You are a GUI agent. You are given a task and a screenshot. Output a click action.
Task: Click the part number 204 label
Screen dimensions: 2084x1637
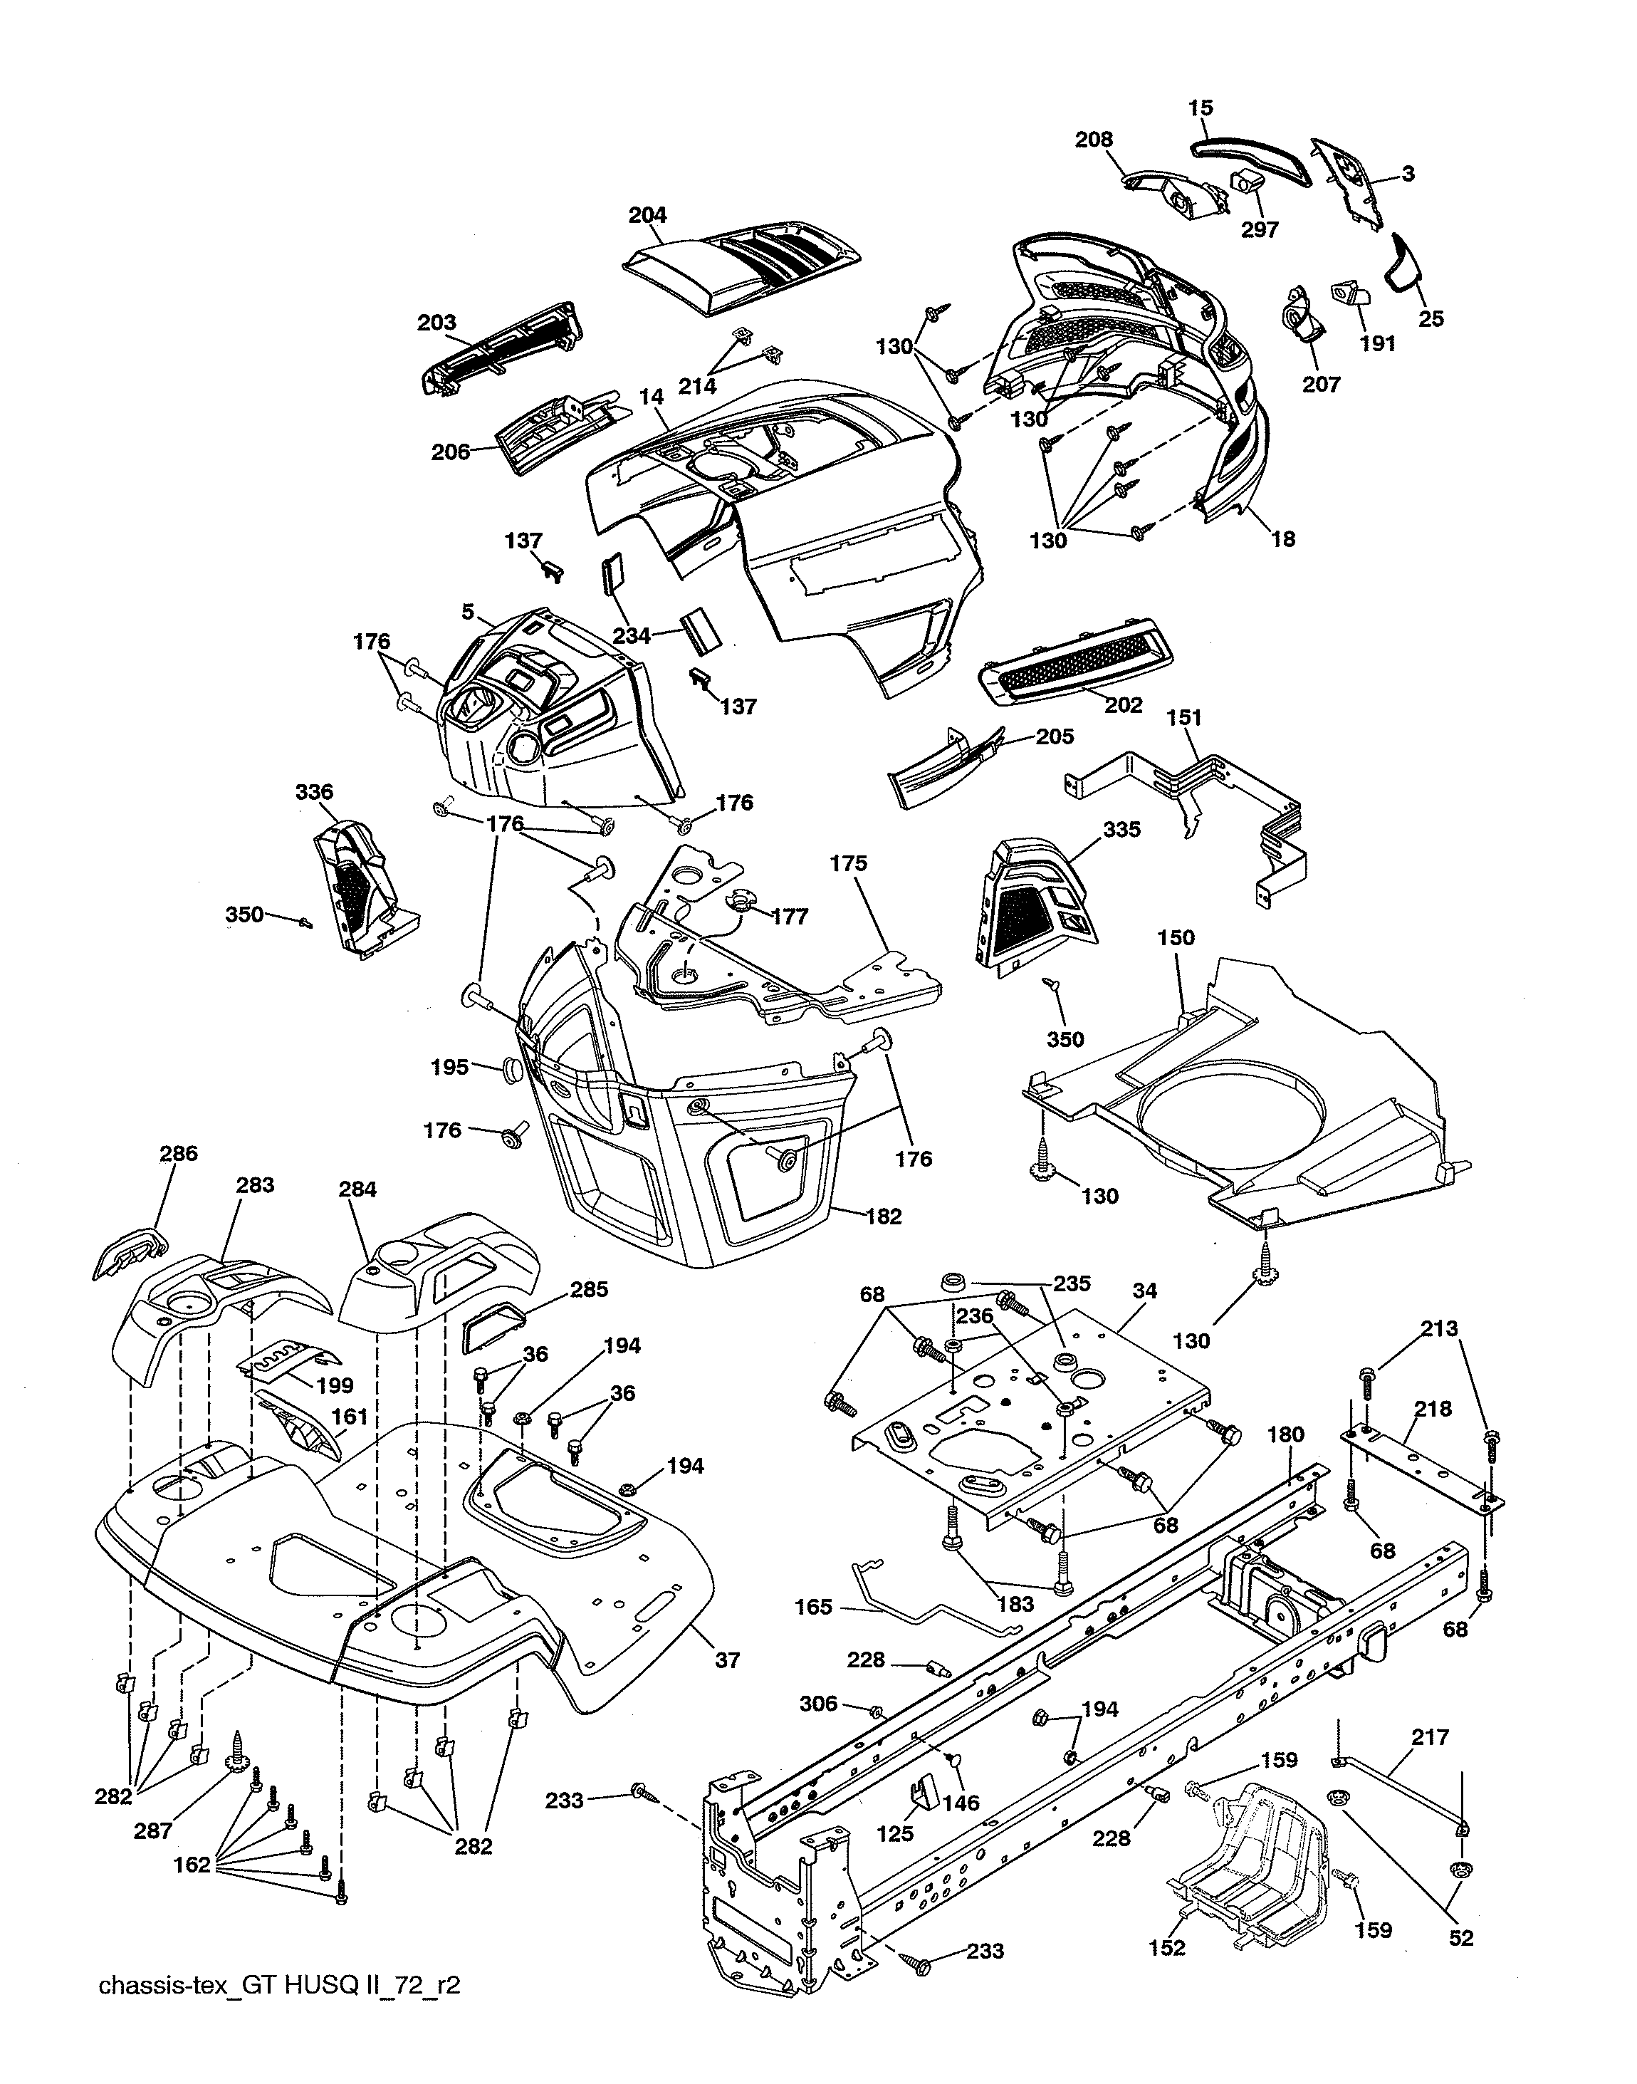click(x=648, y=214)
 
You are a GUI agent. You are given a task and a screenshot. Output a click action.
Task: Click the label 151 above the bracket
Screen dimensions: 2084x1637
click(x=1185, y=717)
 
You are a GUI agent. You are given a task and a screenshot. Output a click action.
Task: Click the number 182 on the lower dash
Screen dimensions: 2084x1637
click(x=883, y=1216)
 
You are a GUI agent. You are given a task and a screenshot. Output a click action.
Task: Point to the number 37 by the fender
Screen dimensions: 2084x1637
click(x=728, y=1660)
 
